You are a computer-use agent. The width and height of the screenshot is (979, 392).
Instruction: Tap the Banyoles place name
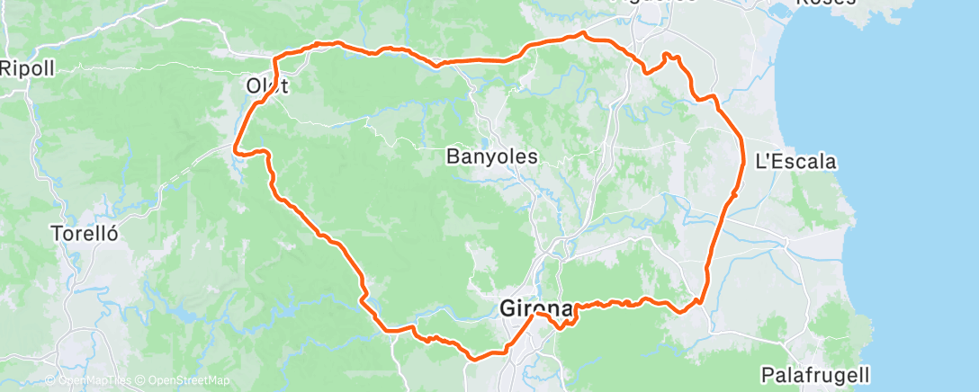point(492,156)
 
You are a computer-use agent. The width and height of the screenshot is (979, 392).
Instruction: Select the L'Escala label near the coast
point(795,163)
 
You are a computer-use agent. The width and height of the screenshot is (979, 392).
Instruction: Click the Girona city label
point(536,309)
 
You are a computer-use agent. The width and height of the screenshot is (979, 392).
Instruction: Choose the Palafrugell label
point(814,373)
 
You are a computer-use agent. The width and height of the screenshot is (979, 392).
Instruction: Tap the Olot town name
point(267,86)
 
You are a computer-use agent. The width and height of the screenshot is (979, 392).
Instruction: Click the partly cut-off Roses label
point(826,3)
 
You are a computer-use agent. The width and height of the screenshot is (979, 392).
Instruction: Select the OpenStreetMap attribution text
point(179,380)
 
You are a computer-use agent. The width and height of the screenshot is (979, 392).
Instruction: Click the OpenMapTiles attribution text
point(94,380)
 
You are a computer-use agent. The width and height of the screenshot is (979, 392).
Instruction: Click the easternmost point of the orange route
point(744,162)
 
